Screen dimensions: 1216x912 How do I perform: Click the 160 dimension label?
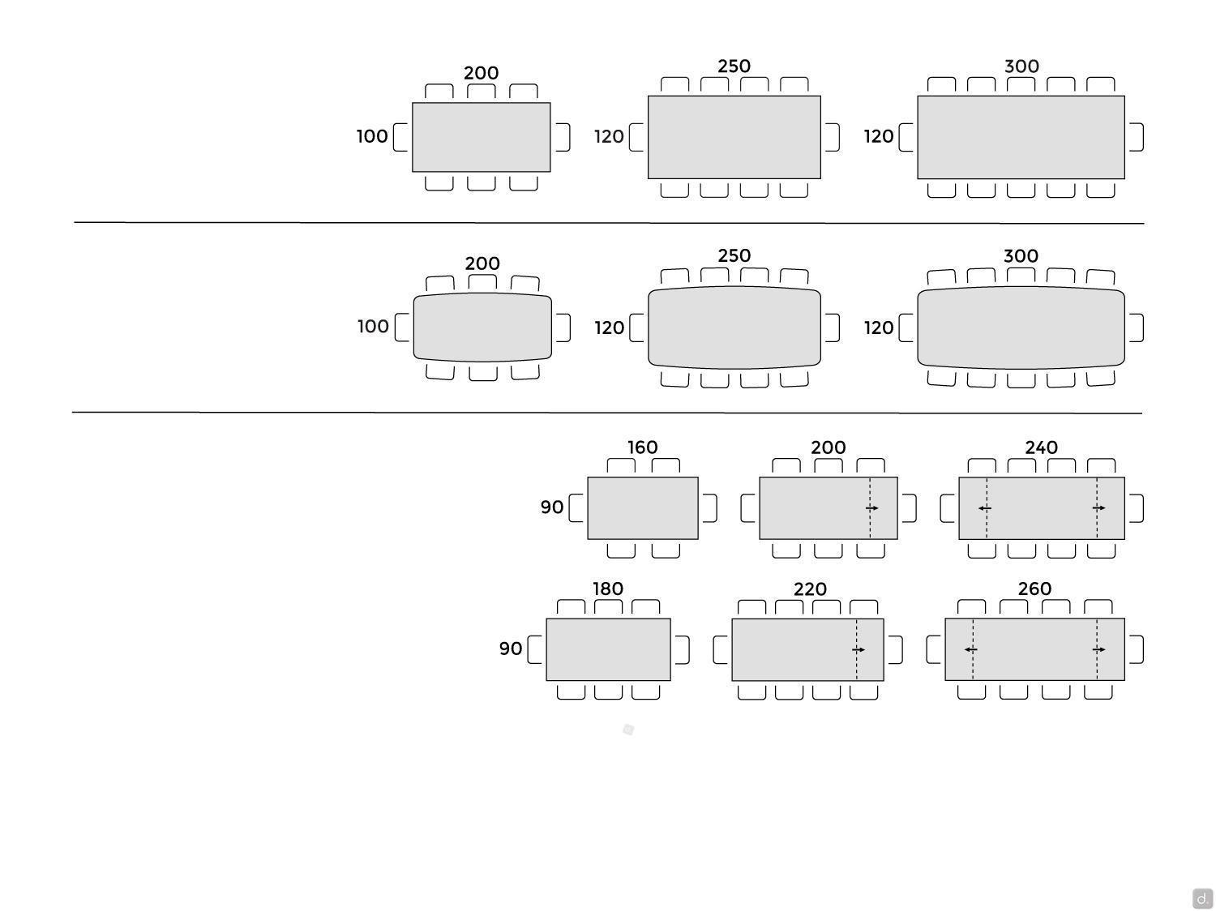tap(642, 447)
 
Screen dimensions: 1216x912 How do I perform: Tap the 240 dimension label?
tap(1041, 447)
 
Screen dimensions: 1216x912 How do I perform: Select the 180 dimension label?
tap(608, 589)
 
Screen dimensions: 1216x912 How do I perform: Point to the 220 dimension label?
tap(810, 589)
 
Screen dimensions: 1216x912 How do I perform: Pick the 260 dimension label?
tap(1034, 589)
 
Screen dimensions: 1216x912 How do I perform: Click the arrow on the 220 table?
tap(858, 649)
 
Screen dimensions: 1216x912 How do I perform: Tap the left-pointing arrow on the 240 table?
tap(984, 507)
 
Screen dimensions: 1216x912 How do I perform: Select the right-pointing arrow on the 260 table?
tap(1098, 649)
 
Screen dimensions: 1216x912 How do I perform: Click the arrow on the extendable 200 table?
tap(872, 507)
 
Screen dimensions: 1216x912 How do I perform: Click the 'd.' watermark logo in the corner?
tap(1202, 897)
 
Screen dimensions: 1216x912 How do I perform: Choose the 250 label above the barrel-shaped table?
tap(734, 255)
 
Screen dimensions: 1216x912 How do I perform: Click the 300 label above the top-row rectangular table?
tap(1021, 66)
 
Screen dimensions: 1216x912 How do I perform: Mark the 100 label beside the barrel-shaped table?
tap(373, 326)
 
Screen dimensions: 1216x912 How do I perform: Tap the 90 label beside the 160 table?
tap(552, 507)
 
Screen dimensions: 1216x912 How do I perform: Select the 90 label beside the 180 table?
tap(510, 649)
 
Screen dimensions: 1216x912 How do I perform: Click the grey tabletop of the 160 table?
tap(643, 507)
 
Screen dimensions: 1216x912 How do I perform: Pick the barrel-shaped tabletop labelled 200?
tap(482, 328)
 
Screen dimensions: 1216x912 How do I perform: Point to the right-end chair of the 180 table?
tap(683, 649)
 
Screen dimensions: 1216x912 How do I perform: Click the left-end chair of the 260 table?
tap(933, 649)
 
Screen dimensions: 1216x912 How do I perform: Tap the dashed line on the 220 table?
tap(856, 649)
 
